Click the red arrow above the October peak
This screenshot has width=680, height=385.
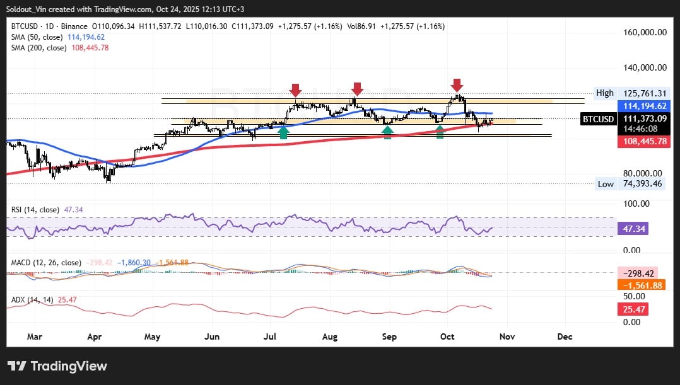[x=457, y=84]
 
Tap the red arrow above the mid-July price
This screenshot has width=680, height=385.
[x=295, y=89]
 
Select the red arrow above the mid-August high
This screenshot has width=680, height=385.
[x=357, y=88]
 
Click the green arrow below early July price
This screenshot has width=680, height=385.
[x=283, y=132]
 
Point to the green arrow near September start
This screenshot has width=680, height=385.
[x=388, y=132]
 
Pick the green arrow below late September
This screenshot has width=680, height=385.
[x=440, y=132]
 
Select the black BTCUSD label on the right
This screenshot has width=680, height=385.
[x=597, y=118]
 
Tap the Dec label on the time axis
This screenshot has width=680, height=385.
[x=565, y=336]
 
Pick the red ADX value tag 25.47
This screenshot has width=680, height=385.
[x=633, y=309]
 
